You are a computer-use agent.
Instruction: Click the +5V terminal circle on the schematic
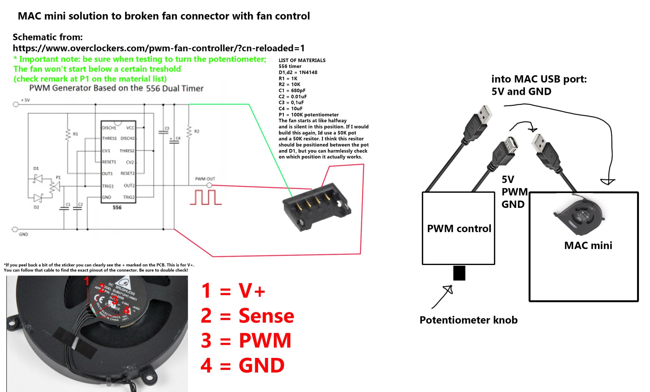point(15,104)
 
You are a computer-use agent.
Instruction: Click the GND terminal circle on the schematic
point(15,229)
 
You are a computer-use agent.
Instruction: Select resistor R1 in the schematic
point(68,135)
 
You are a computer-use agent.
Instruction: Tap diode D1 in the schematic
point(38,178)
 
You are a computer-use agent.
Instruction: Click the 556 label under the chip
point(117,208)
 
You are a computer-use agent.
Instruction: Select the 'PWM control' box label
point(459,229)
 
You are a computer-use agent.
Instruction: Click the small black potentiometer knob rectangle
point(459,273)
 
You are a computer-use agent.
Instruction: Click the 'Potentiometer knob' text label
point(468,320)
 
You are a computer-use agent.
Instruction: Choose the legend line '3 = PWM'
point(246,341)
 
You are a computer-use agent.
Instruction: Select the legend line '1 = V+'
point(233,290)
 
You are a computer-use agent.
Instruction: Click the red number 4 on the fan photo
point(126,310)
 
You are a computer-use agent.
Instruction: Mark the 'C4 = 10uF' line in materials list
point(291,108)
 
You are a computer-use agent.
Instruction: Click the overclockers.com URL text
point(159,48)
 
